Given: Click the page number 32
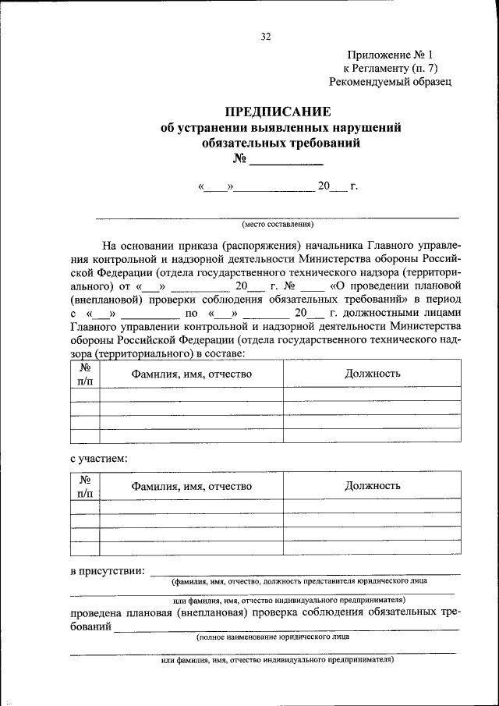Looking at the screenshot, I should [265, 37].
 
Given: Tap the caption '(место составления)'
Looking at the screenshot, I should [277, 224].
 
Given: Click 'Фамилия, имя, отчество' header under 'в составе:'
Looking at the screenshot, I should [191, 374].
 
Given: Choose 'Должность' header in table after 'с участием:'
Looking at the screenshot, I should [373, 486].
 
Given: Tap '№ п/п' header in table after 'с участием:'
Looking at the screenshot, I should [85, 486].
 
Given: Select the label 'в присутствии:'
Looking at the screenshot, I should [107, 573].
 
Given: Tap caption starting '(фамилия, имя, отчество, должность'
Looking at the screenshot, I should [299, 581].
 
